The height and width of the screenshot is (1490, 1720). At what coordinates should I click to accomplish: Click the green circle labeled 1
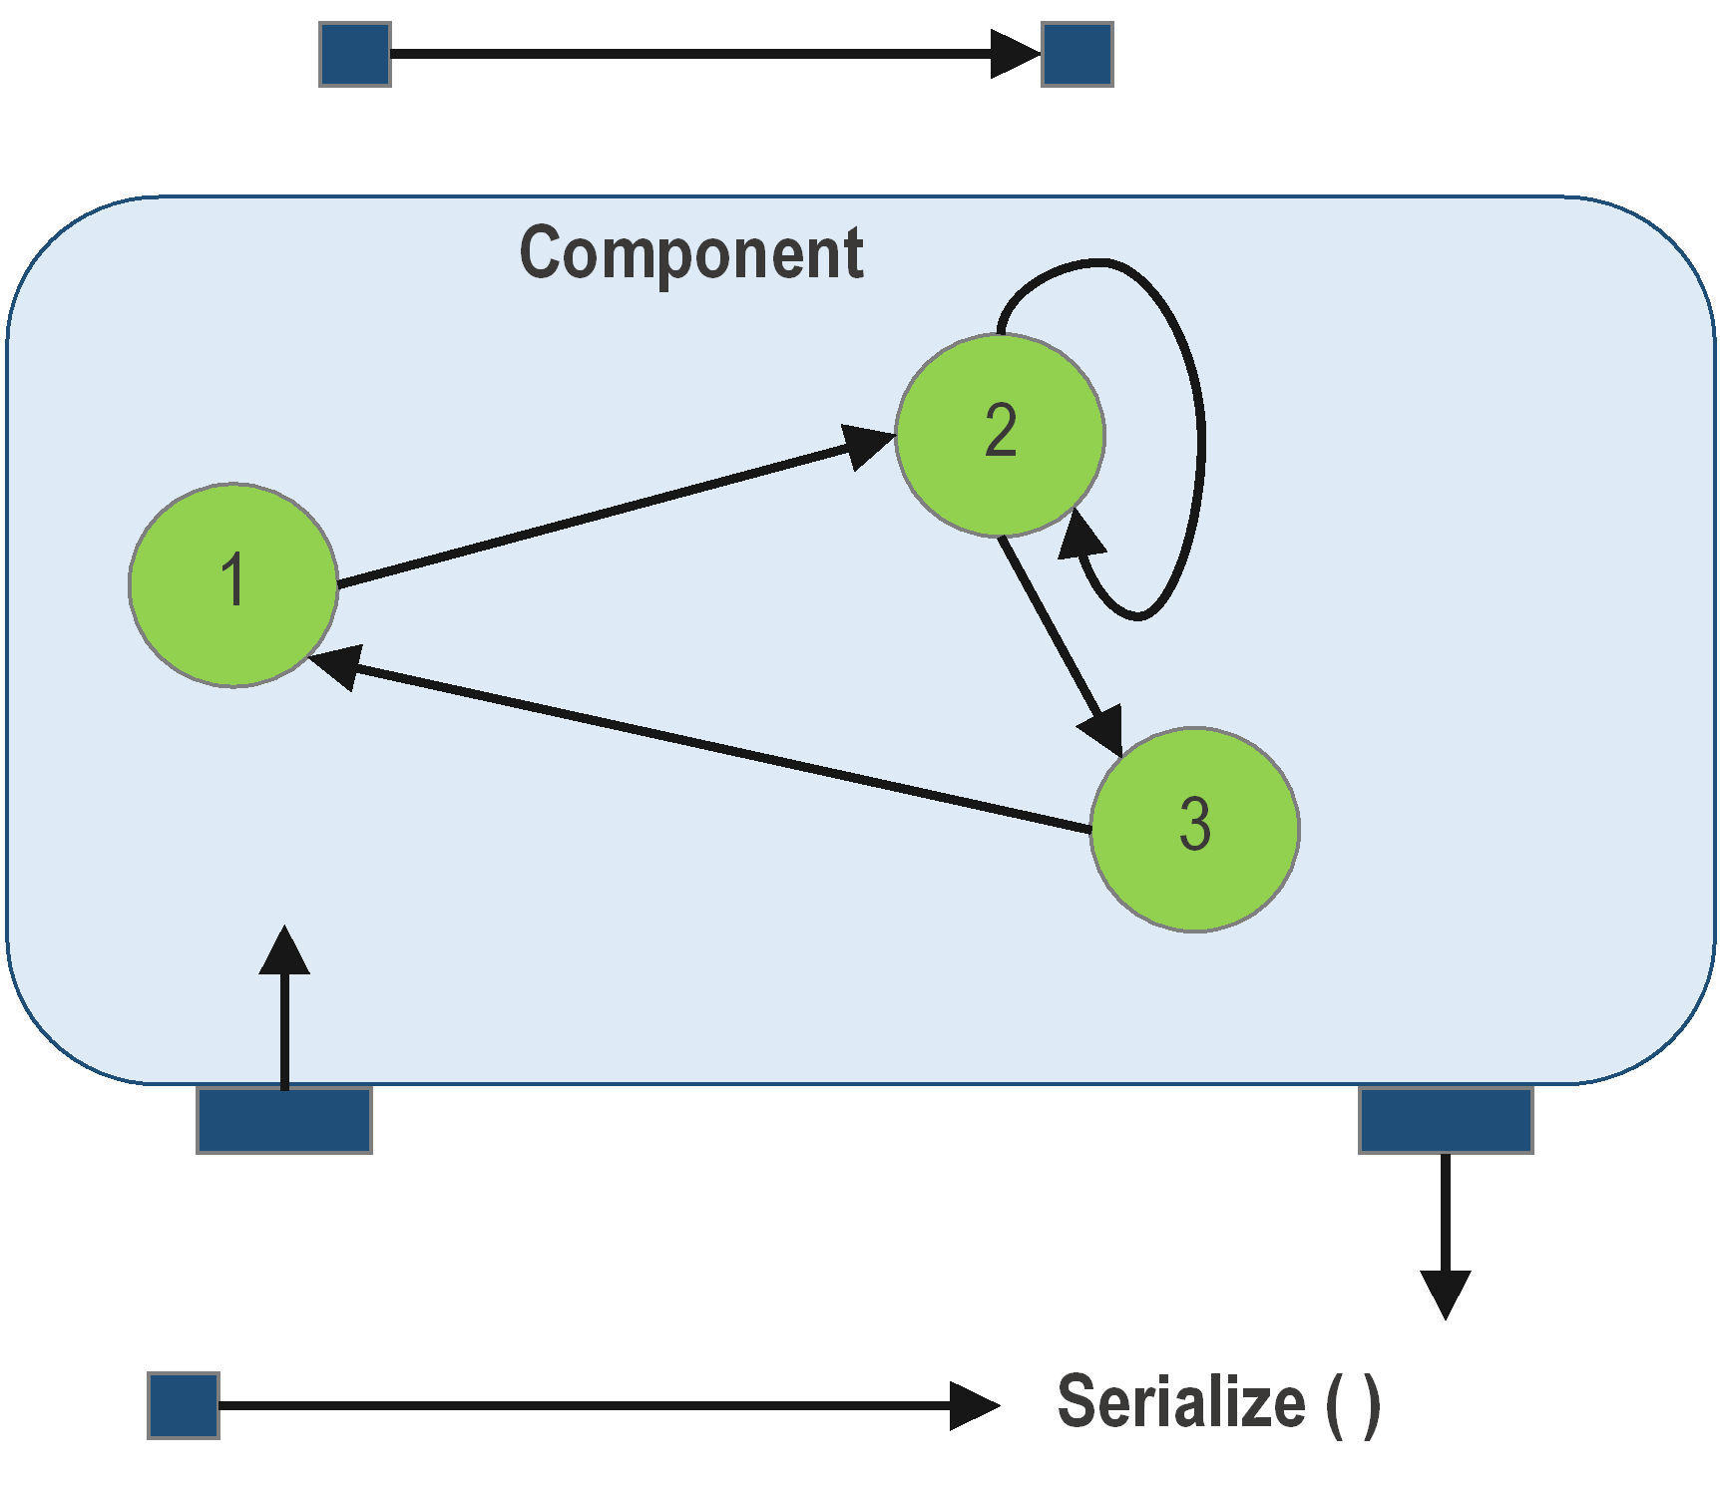click(233, 585)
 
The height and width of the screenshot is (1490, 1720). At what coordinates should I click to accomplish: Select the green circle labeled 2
click(1000, 435)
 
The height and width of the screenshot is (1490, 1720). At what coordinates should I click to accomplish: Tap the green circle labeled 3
click(1194, 829)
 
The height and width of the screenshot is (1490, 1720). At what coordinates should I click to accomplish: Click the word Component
click(690, 253)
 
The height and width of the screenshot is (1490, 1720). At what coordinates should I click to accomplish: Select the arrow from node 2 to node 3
click(1058, 639)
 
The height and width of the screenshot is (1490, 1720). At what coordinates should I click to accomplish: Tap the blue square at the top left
click(355, 55)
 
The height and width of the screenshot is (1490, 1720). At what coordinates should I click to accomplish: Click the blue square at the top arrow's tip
click(1076, 55)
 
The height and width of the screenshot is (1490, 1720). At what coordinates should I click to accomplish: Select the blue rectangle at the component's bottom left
click(284, 1120)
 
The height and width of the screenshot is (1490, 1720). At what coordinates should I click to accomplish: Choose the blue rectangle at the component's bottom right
click(1446, 1120)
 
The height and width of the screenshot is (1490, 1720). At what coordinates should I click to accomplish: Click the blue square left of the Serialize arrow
click(184, 1405)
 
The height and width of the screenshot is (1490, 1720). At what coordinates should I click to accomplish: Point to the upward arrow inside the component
click(284, 1007)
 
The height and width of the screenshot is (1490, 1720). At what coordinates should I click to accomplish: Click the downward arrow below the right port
click(1446, 1237)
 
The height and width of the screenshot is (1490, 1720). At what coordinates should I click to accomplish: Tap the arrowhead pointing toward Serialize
click(974, 1405)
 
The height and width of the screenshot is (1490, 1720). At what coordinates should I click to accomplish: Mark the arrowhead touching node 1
click(335, 665)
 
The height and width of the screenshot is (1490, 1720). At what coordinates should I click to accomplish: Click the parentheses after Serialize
click(1354, 1404)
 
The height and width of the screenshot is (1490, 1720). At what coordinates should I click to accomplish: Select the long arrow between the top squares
click(698, 54)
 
